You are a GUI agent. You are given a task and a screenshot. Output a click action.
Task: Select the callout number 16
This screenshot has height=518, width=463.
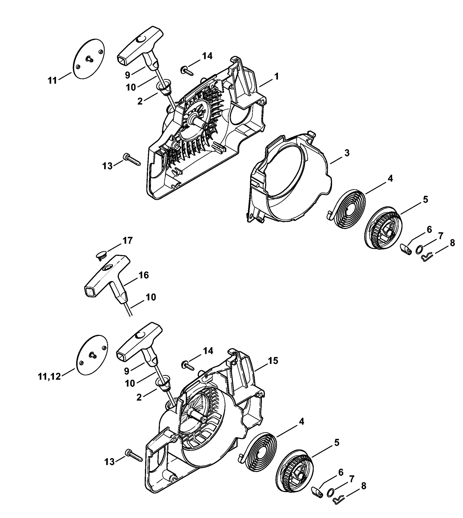(x=143, y=275)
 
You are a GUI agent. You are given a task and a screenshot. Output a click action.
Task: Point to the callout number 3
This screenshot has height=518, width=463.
(x=347, y=153)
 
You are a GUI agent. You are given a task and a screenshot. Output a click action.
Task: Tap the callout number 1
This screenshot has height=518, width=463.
(x=276, y=76)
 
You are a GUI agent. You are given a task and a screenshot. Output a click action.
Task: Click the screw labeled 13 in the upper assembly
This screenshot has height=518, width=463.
(x=132, y=160)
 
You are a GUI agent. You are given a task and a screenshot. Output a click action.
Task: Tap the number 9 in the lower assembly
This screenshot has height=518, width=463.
(x=127, y=371)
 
